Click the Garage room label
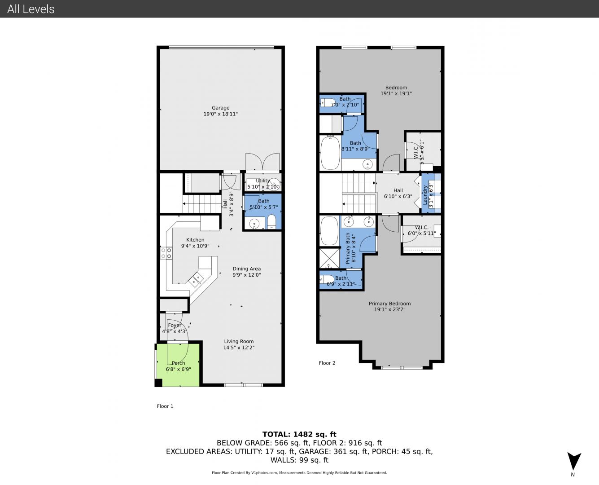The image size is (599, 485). [x=220, y=108]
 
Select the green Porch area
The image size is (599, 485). [x=178, y=365]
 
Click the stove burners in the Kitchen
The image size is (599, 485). [x=166, y=253]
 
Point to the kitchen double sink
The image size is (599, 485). [x=196, y=279]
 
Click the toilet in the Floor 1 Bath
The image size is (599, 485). [x=271, y=222]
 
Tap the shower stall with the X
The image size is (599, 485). [x=329, y=258]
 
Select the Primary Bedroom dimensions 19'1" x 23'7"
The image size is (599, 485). [x=389, y=309]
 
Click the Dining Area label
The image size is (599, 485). [x=247, y=269]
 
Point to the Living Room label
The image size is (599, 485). [x=239, y=341]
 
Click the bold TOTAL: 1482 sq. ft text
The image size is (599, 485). [x=299, y=434]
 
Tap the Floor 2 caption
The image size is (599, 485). [x=327, y=363]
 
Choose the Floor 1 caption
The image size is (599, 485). [x=165, y=406]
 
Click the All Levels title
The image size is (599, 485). [x=31, y=9]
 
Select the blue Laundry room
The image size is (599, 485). [x=431, y=193]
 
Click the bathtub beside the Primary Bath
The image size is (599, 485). [x=329, y=231]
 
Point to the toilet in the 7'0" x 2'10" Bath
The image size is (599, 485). [x=328, y=103]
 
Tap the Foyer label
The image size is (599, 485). [x=175, y=325]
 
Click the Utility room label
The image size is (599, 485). [x=262, y=181]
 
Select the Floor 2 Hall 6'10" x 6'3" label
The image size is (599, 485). [x=398, y=194]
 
